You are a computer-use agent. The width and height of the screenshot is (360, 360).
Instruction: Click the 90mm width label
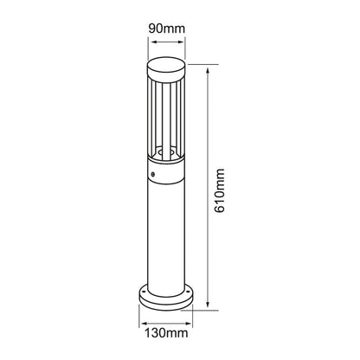[x=166, y=29]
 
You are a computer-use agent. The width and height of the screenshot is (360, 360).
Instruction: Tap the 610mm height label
[x=220, y=190]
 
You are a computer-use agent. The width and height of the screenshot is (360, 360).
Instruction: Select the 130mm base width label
[x=166, y=333]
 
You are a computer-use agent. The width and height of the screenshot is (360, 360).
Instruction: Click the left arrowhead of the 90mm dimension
[x=151, y=42]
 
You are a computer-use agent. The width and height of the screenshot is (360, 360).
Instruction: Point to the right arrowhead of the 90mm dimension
[x=181, y=42]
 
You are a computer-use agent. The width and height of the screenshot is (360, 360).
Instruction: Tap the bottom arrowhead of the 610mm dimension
[x=208, y=304]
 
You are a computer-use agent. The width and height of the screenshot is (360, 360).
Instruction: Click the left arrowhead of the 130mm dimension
[x=143, y=324]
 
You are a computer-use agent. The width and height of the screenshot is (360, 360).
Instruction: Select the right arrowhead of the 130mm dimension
[x=189, y=324]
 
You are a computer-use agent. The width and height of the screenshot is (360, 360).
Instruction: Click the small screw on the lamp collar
[x=152, y=174]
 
